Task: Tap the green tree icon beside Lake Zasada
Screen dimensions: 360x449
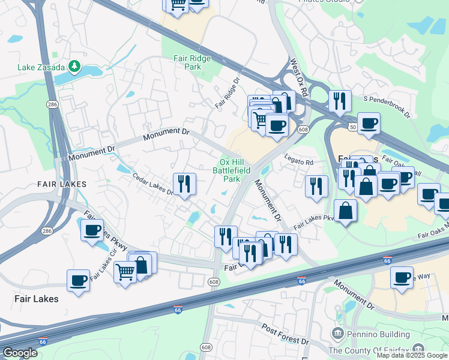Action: tap(75, 65)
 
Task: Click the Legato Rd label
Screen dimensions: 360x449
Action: tap(301, 163)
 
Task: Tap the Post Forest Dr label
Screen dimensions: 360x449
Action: tap(285, 334)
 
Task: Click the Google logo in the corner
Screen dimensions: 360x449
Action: tap(19, 353)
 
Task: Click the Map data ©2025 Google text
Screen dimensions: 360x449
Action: tap(411, 355)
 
